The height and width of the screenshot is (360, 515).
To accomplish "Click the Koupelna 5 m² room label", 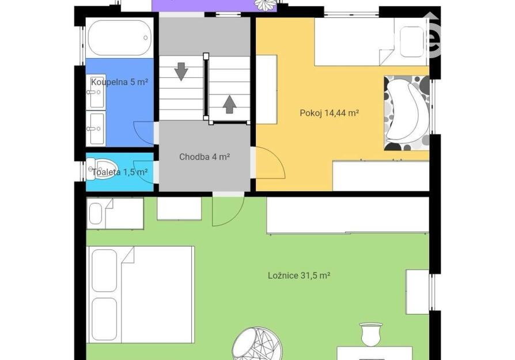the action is (x=119, y=82).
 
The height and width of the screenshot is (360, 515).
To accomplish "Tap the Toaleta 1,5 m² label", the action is (x=120, y=172).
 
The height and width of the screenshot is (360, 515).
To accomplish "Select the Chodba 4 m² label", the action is (x=205, y=157).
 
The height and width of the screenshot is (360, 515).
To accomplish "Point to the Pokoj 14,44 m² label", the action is (x=329, y=113).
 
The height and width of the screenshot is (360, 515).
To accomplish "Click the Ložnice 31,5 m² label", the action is (x=299, y=275).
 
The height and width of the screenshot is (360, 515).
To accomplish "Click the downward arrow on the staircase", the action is (x=181, y=71).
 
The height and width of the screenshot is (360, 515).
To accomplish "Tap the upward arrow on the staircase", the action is (x=230, y=104).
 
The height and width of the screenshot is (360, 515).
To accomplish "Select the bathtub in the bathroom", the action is (x=120, y=38).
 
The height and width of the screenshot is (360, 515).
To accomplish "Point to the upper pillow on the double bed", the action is (x=104, y=271).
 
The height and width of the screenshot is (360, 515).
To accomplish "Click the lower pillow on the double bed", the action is (x=104, y=319).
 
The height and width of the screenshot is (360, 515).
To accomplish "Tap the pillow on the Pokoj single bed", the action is (x=412, y=41).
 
